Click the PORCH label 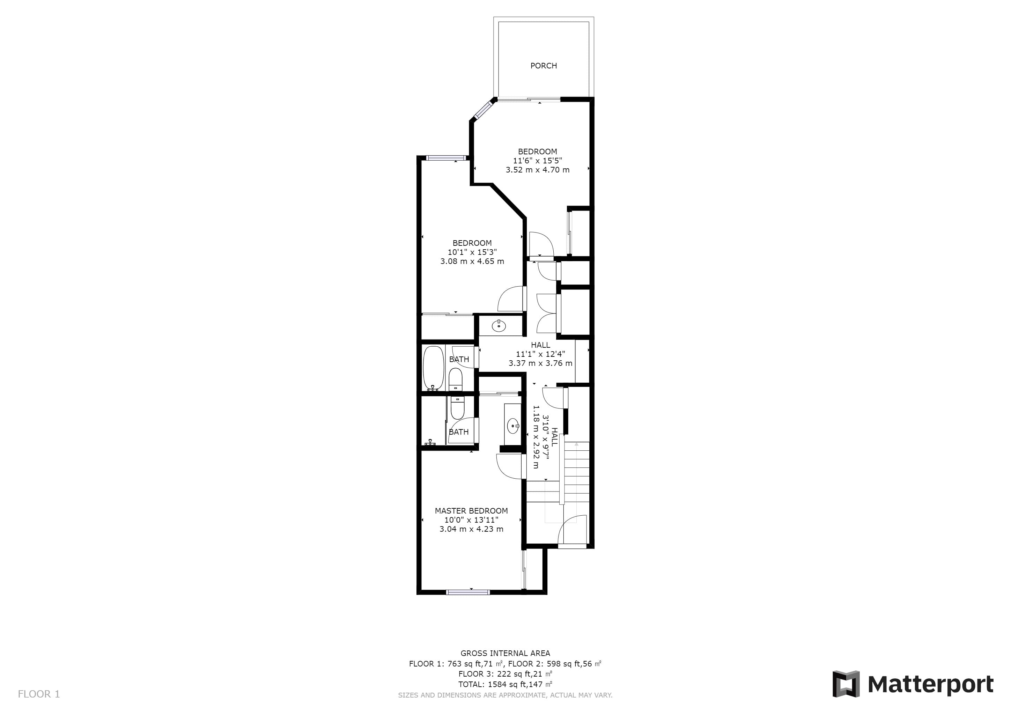543,66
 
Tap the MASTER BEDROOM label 471,511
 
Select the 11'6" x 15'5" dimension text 537,161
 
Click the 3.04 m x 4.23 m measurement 471,529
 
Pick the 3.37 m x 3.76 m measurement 540,363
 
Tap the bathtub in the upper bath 434,368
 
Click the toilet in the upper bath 455,380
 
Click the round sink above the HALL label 499,326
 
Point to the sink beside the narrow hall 513,426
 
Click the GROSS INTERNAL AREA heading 505,653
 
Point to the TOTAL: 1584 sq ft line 505,684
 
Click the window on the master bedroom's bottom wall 468,592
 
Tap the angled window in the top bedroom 484,110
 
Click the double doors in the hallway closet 548,313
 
